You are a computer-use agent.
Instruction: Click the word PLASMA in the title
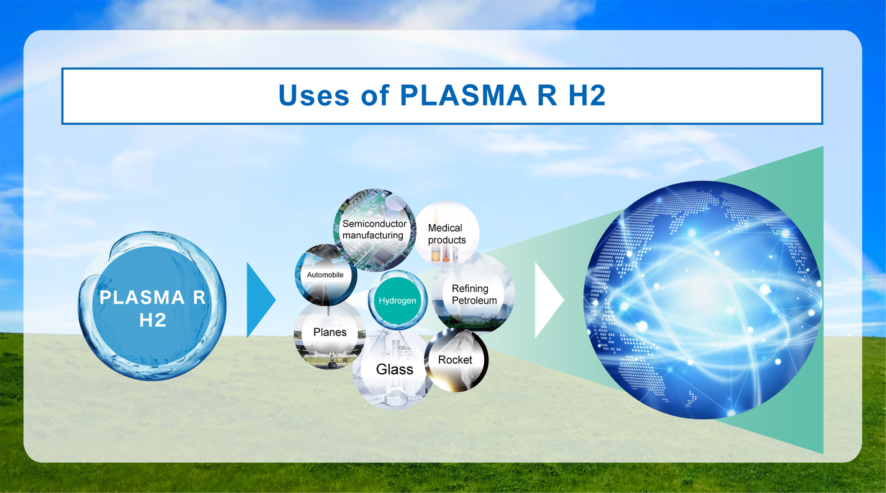point(463,95)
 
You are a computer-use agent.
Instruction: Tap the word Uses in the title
point(314,95)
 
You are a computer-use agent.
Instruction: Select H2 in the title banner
point(587,95)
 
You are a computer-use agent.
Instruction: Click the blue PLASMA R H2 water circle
point(152,306)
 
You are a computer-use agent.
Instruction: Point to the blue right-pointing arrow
point(259,300)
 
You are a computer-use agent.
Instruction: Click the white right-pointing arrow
point(548,300)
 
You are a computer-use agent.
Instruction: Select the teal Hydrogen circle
point(397,300)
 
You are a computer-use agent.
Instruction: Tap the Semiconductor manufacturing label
point(374,229)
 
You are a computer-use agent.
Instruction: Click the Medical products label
point(447,234)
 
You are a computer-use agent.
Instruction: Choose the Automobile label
point(325,275)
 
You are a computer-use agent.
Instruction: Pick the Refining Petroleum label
point(474,295)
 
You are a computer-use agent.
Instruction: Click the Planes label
point(330,332)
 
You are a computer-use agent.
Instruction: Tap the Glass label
point(394,369)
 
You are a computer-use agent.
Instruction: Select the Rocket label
point(455,360)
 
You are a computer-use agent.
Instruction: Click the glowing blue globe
point(702,300)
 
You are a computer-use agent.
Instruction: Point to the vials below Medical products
point(444,253)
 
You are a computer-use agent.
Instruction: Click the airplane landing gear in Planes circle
point(331,359)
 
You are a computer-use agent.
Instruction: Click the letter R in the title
point(547,95)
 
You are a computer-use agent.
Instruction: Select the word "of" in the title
point(375,95)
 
